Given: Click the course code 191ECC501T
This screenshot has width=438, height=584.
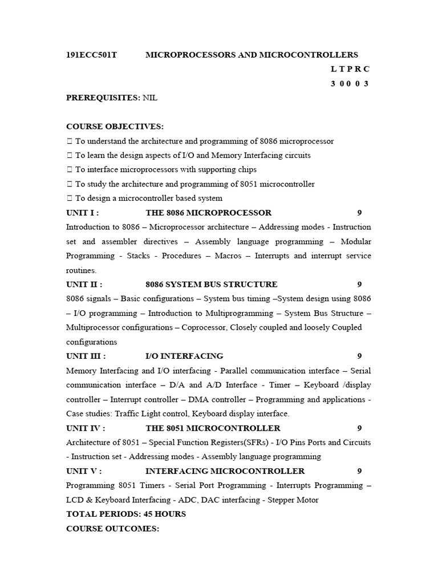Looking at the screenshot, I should click(91, 55).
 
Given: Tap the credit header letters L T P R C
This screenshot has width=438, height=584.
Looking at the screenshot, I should click(350, 69).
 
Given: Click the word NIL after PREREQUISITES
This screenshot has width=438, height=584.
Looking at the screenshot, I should click(150, 98).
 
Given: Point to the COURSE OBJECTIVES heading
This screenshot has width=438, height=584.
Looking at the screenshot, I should click(115, 126).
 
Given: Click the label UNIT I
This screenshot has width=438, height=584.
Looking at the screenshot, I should click(83, 213).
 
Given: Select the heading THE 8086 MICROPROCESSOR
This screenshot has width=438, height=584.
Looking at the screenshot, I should click(209, 213).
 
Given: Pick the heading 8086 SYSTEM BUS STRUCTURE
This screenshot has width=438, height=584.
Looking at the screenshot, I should click(212, 284).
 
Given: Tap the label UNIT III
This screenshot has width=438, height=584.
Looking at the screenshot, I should click(86, 356).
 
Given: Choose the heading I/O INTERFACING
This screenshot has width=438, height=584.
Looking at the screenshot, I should click(184, 356).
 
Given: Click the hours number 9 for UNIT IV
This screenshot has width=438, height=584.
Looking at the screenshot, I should click(359, 428).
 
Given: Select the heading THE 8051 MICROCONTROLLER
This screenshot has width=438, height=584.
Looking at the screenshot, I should click(213, 428).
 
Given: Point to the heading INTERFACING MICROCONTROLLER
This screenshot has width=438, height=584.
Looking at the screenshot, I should click(225, 471).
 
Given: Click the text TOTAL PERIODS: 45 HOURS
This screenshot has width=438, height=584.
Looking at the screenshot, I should click(126, 514).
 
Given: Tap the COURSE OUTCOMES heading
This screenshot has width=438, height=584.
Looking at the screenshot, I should click(112, 529).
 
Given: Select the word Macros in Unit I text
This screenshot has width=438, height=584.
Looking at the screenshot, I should click(228, 255).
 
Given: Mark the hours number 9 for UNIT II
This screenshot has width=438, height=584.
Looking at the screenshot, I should click(359, 284).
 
